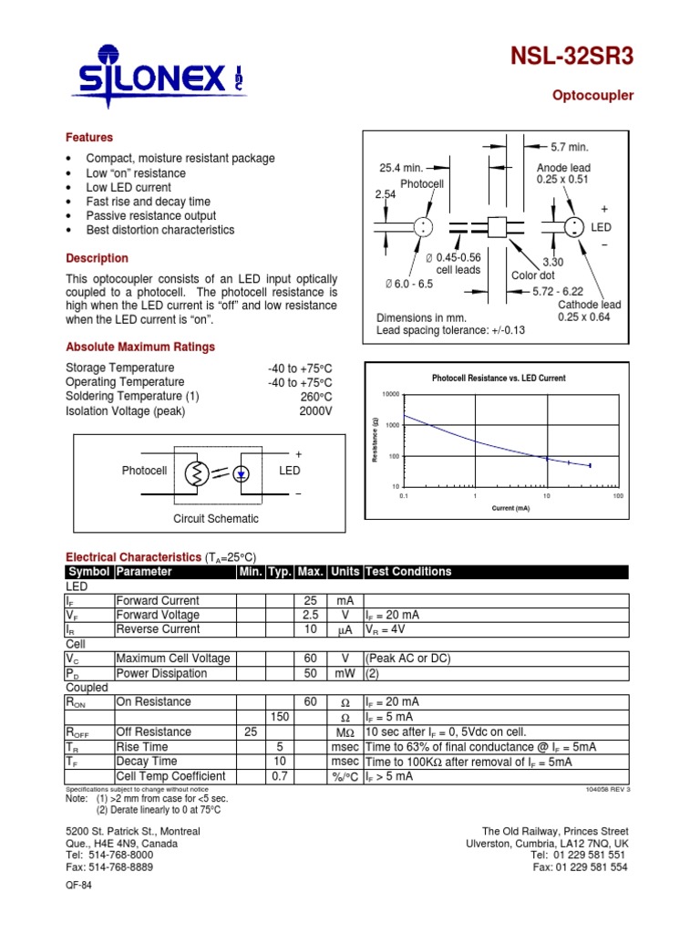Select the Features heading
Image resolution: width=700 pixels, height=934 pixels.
tap(89, 138)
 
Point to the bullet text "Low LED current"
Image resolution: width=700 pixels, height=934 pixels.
tap(129, 187)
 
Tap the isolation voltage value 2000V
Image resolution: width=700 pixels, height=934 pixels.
tap(316, 411)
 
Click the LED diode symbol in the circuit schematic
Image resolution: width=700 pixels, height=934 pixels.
tap(242, 473)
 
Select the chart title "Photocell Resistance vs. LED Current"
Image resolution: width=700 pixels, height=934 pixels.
tap(498, 378)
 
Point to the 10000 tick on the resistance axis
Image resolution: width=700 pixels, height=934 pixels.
tap(390, 394)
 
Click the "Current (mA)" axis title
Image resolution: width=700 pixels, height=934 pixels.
tap(510, 508)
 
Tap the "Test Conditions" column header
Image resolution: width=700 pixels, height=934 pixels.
tap(407, 572)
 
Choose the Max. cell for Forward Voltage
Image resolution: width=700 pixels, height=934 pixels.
tap(311, 616)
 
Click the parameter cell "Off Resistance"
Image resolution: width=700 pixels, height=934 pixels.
tap(153, 732)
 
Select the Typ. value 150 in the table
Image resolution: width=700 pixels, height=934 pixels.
tap(280, 718)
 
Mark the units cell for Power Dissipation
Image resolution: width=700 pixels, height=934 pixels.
tap(345, 674)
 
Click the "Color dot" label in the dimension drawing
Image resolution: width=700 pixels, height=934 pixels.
tap(533, 275)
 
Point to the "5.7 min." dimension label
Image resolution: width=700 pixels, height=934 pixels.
tap(571, 147)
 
